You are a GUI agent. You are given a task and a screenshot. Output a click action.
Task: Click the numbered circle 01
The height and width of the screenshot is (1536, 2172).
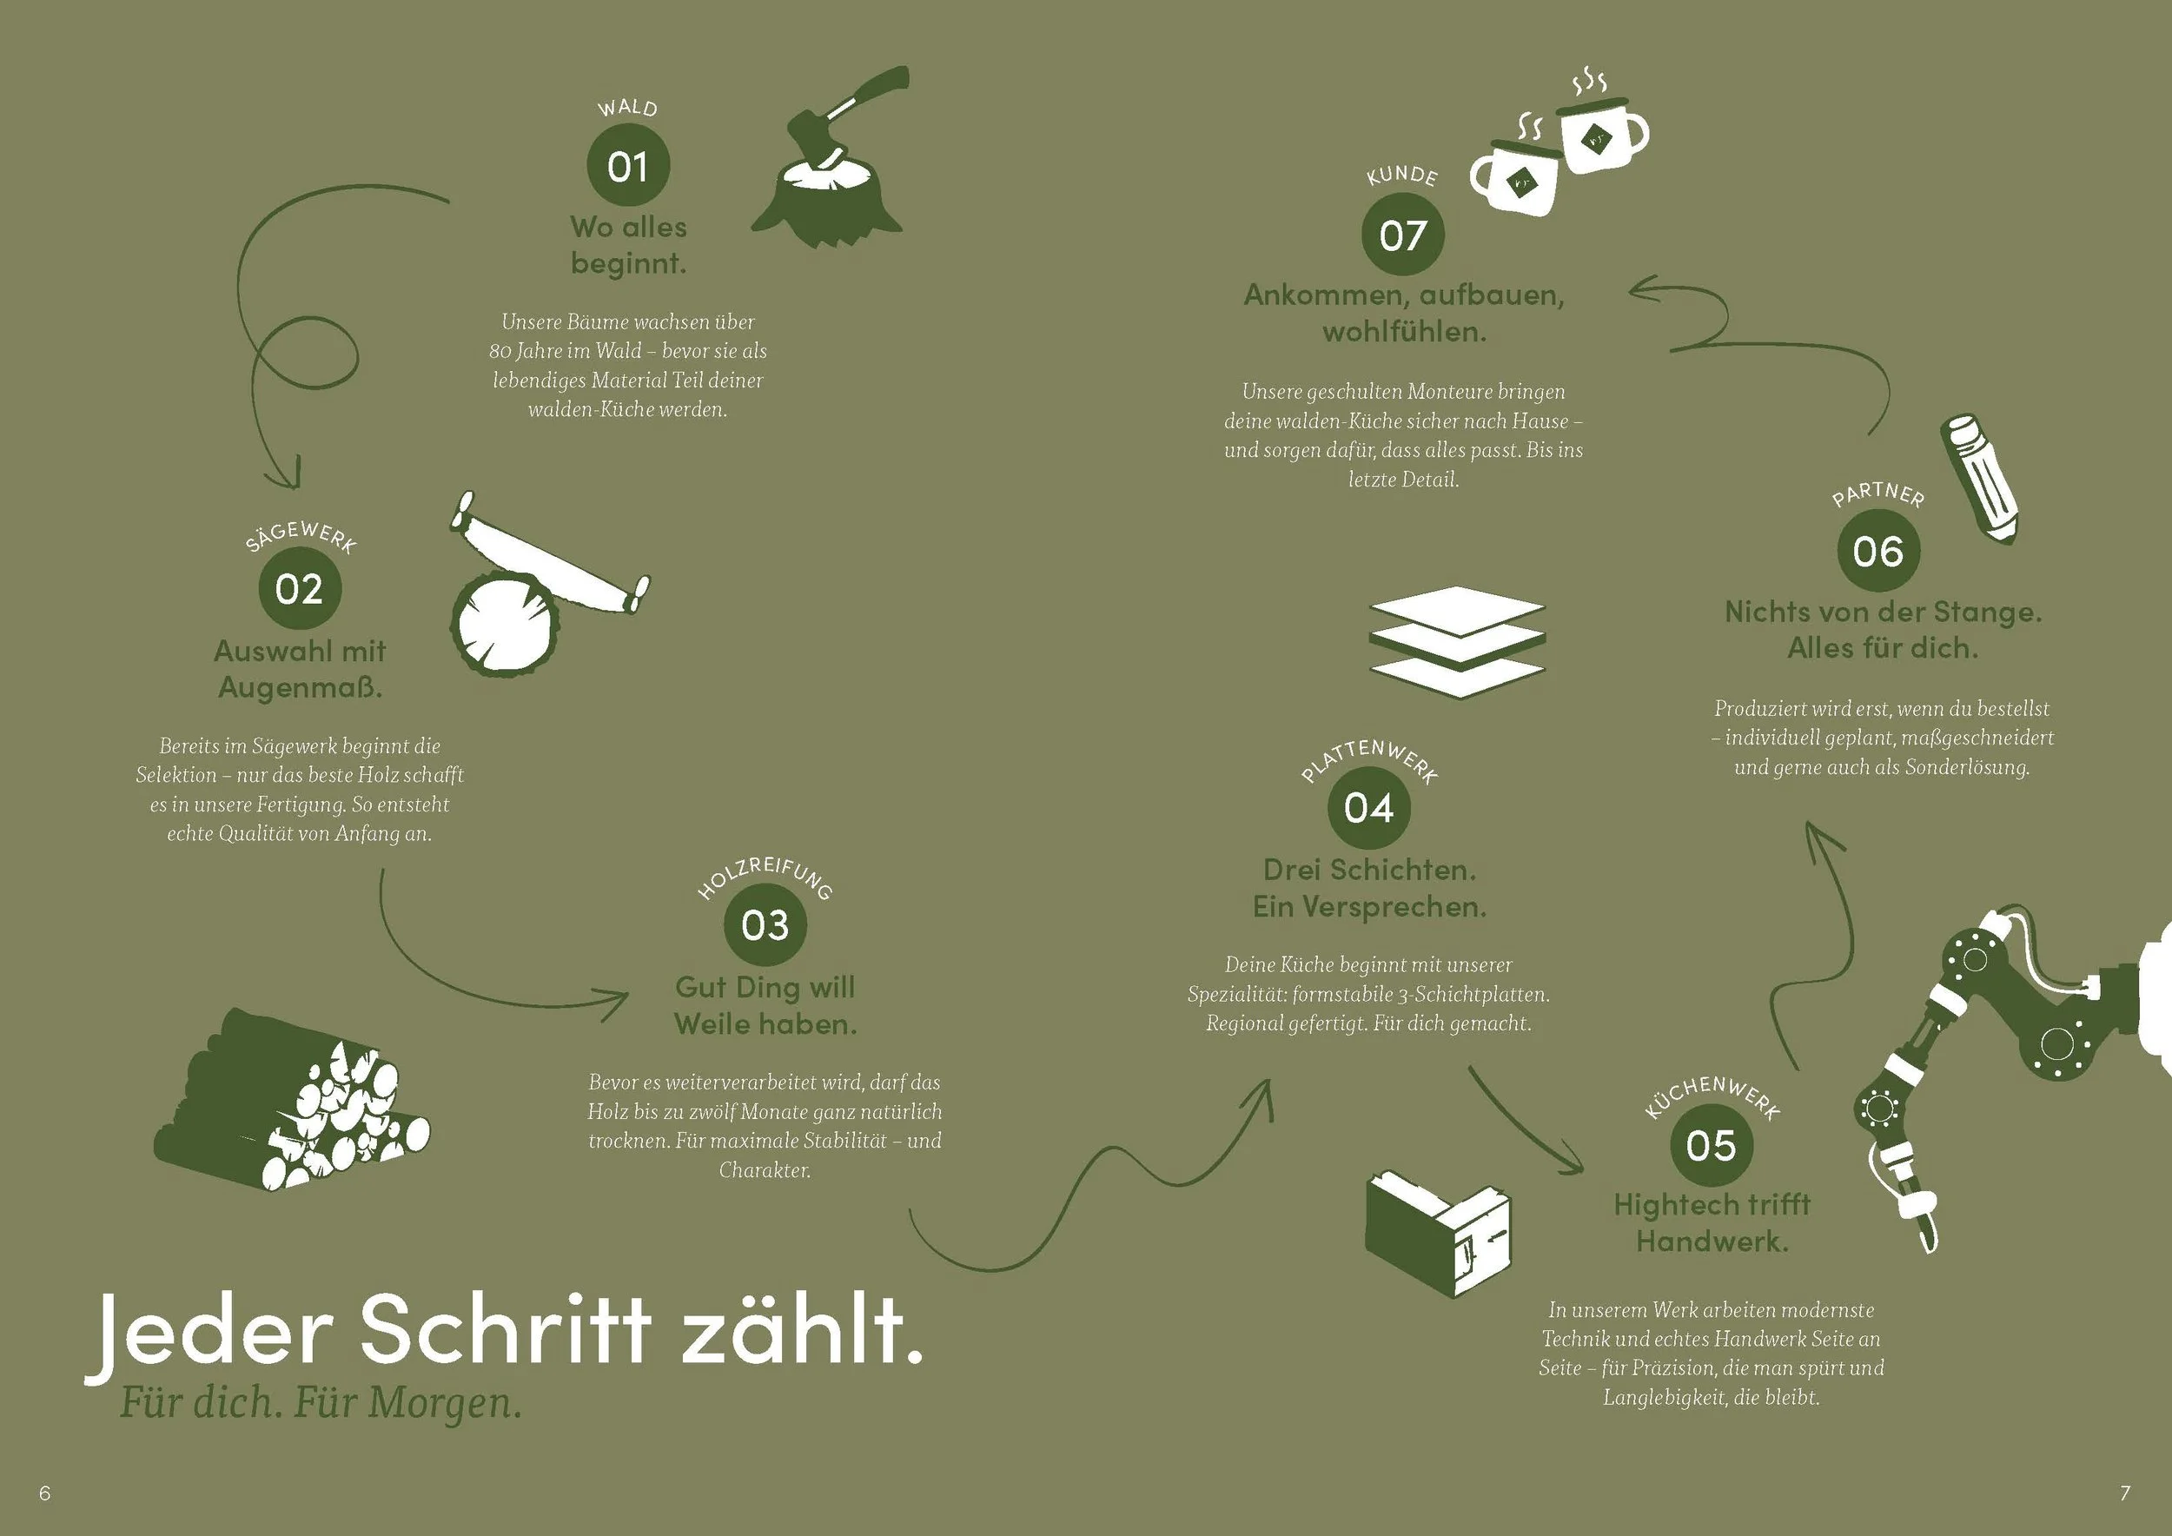(x=628, y=166)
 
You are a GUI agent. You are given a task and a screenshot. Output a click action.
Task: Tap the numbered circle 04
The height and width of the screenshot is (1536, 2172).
(x=1369, y=808)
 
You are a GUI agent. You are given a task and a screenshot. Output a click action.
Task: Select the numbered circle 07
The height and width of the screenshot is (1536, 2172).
(x=1403, y=235)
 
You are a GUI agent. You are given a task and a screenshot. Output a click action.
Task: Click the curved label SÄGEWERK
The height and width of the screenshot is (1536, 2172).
(x=301, y=535)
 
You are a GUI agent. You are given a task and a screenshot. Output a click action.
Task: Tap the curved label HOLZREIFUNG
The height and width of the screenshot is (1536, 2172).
(x=765, y=875)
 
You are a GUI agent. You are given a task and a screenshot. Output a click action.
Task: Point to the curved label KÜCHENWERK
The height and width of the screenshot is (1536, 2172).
(x=1712, y=1096)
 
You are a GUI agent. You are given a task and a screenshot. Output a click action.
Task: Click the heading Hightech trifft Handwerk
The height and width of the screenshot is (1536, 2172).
(x=1712, y=1223)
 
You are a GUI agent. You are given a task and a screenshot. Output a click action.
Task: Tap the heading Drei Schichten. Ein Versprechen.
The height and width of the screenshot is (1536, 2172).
(x=1369, y=888)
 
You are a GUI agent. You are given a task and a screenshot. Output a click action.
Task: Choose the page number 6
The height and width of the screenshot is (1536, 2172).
(x=44, y=1493)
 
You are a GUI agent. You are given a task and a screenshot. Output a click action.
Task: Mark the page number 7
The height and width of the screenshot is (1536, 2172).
(x=2125, y=1493)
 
